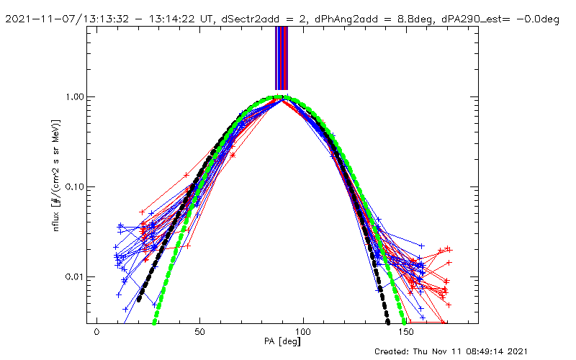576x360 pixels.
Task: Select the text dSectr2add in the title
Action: tap(257, 19)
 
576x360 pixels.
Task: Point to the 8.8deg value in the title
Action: tap(418, 19)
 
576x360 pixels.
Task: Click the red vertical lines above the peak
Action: tap(285, 58)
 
